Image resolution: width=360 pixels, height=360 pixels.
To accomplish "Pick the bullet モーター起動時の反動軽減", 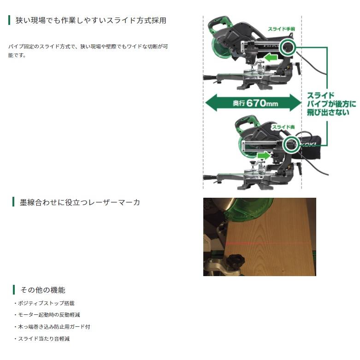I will click(x=50, y=315).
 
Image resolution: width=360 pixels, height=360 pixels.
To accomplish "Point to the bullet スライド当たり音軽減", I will click(x=44, y=338).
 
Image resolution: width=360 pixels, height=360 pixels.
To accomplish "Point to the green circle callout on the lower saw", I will click(x=291, y=143).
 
